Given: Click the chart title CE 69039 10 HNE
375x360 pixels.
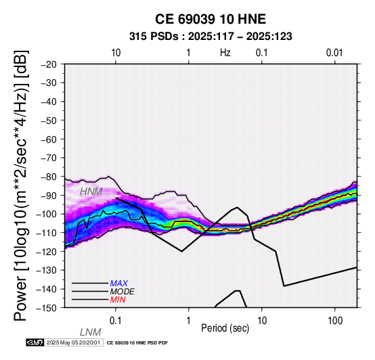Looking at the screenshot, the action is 211,19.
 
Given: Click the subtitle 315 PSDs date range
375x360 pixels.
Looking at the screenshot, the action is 211,37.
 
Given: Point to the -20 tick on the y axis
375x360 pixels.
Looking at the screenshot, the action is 49,64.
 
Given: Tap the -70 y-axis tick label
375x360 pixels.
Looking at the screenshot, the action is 49,158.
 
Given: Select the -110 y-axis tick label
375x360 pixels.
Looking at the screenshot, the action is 46,232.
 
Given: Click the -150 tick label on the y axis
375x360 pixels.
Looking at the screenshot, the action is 46,307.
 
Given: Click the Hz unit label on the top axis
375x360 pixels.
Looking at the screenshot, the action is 225,53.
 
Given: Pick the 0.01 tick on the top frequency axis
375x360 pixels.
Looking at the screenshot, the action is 334,53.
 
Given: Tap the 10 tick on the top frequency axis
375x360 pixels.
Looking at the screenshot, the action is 116,53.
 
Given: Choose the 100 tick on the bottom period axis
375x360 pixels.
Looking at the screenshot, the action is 335,321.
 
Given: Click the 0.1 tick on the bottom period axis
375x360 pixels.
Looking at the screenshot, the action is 116,321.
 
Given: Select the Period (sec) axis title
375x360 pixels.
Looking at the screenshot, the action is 225,328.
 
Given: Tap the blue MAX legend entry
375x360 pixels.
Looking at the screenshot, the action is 119,284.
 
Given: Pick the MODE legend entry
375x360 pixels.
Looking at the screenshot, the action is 123,292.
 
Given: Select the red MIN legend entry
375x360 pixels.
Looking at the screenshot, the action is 118,300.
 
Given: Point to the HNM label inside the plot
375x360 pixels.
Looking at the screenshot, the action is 91,192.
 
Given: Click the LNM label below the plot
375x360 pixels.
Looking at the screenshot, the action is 91,332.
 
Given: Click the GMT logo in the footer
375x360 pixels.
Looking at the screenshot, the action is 35,342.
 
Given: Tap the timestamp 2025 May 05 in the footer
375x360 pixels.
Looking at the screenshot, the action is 73,342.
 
